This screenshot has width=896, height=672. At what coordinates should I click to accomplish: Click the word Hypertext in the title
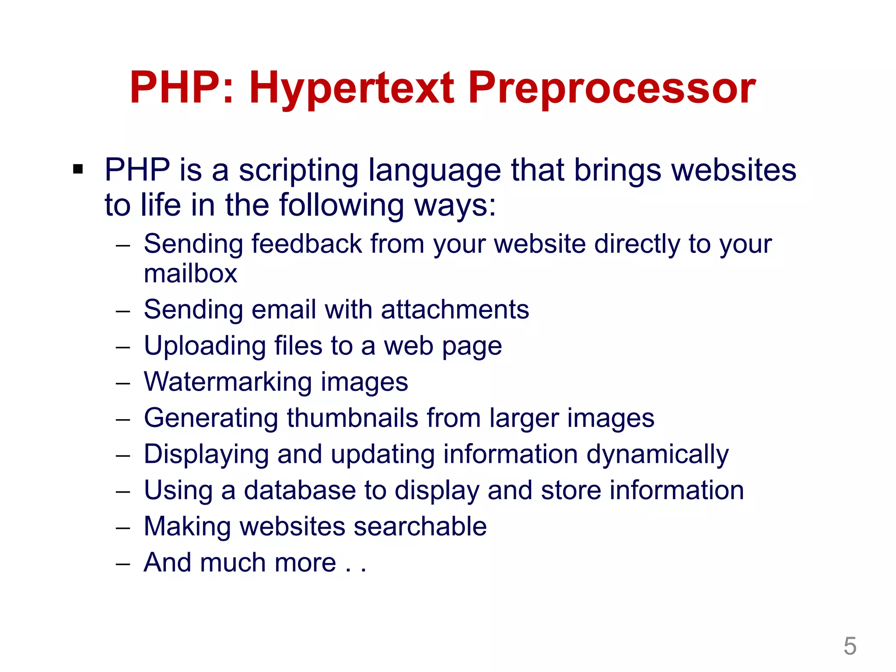[x=352, y=88]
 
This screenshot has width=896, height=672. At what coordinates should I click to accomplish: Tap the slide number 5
[x=850, y=646]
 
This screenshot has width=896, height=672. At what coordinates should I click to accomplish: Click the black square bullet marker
[x=78, y=169]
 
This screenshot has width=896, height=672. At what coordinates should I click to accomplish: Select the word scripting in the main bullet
[x=298, y=171]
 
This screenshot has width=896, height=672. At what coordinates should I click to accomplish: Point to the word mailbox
[x=190, y=274]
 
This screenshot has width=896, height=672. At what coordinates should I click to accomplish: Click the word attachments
[x=455, y=310]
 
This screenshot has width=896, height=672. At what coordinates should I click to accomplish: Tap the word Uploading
[x=205, y=346]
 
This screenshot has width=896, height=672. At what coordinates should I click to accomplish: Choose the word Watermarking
[x=228, y=382]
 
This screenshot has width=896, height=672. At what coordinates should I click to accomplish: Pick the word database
[x=300, y=490]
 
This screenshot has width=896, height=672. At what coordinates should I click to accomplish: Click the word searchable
[x=420, y=526]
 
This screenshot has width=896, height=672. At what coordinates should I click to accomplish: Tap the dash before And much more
[x=123, y=564]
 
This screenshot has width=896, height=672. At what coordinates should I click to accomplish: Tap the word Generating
[x=211, y=418]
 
